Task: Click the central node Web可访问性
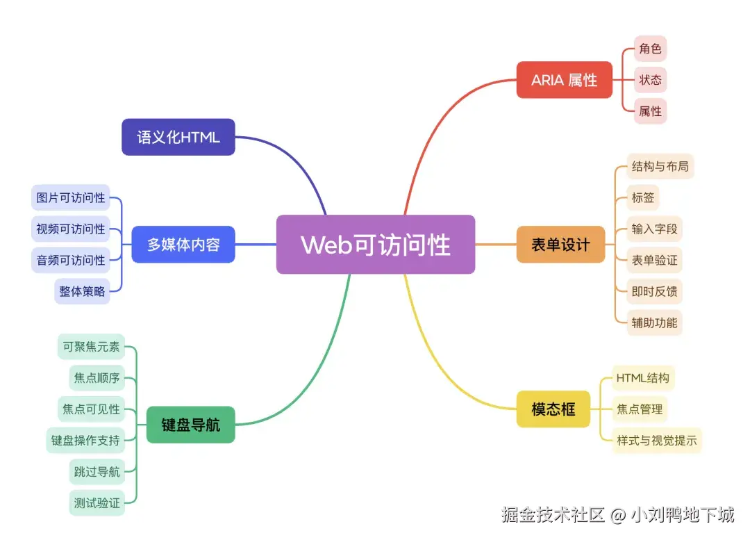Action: click(x=376, y=245)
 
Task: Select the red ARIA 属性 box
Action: click(x=564, y=80)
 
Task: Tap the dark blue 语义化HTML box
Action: click(x=178, y=137)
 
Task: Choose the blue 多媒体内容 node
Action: click(x=183, y=245)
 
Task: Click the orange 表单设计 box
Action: click(x=560, y=245)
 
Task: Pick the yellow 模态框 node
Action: click(x=553, y=409)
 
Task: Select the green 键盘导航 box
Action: click(x=190, y=425)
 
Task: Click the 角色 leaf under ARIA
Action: click(x=650, y=49)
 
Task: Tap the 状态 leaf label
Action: click(x=650, y=80)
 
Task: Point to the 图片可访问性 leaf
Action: click(x=71, y=198)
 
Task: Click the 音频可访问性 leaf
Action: click(x=71, y=260)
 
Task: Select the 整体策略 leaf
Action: click(x=82, y=291)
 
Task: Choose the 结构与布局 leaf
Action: click(x=660, y=167)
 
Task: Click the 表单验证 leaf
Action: click(x=654, y=261)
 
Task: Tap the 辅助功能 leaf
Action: click(x=654, y=322)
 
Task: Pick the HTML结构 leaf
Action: click(x=642, y=378)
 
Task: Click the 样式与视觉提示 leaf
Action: click(x=656, y=440)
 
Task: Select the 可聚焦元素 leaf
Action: click(x=91, y=346)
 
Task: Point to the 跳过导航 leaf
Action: click(x=97, y=472)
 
